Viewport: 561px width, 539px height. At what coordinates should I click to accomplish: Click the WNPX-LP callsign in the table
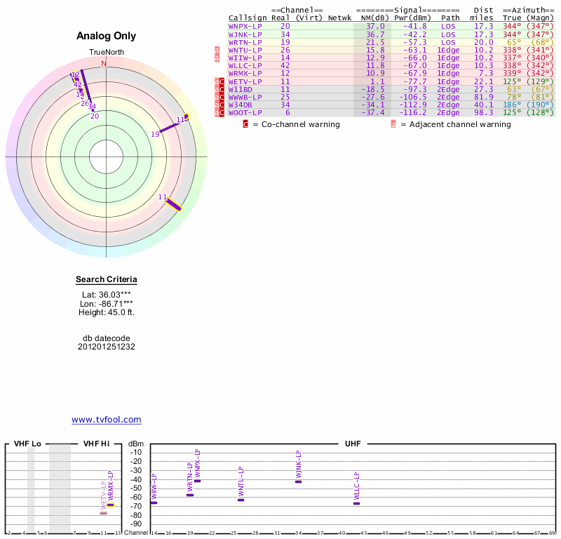click(245, 26)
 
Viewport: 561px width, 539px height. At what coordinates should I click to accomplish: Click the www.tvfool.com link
click(107, 420)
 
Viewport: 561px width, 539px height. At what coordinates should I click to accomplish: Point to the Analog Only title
click(107, 36)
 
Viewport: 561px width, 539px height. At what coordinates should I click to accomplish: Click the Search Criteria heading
click(107, 280)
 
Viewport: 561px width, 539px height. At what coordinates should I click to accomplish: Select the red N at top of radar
click(104, 64)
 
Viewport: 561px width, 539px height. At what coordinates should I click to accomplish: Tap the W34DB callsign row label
click(242, 105)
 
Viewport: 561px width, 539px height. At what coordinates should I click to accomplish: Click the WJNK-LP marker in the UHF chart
click(298, 481)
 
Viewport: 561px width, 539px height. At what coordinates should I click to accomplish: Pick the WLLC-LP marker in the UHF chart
click(356, 503)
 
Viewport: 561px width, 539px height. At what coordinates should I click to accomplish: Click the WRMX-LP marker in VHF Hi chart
click(110, 505)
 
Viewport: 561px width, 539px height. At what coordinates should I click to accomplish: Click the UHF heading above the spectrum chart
click(353, 444)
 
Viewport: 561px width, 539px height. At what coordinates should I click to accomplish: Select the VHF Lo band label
click(27, 444)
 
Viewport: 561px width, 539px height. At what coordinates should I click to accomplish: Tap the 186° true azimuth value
click(512, 105)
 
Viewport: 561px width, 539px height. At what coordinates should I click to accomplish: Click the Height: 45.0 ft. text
click(107, 312)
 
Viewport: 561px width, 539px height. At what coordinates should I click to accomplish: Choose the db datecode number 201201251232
click(107, 347)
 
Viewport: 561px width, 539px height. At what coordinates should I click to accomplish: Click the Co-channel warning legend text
click(296, 124)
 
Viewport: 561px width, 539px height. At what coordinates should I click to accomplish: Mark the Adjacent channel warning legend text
click(456, 124)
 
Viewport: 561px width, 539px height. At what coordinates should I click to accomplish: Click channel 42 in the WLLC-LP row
click(285, 65)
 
